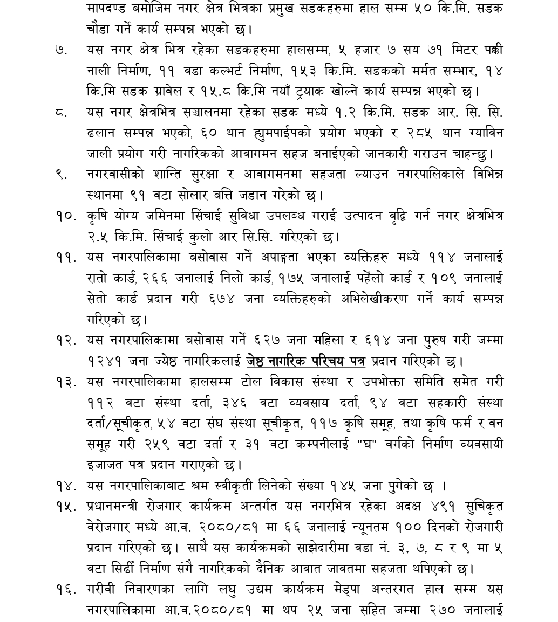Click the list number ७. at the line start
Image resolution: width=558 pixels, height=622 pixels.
pos(60,50)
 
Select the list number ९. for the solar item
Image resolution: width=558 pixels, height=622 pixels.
pos(60,174)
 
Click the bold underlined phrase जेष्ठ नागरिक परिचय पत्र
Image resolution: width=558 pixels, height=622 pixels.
pos(306,361)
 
